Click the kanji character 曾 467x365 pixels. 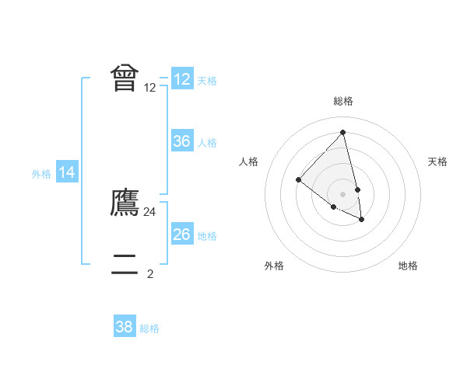(x=125, y=78)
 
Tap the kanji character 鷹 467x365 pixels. (x=125, y=203)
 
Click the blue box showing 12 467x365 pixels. (x=182, y=79)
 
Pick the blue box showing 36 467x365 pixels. (x=182, y=141)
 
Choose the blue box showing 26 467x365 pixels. (x=182, y=235)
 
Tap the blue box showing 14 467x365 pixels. (x=67, y=173)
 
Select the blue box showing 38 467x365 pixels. (x=125, y=328)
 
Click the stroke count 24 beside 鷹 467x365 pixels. (x=150, y=212)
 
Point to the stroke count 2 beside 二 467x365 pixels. (x=150, y=273)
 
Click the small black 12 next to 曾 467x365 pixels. (x=150, y=88)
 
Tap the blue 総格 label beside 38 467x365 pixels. (x=149, y=328)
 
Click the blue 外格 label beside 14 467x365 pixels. (x=41, y=174)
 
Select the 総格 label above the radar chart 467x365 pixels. (x=343, y=101)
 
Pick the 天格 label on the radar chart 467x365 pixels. (x=438, y=162)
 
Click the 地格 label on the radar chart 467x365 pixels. (x=408, y=266)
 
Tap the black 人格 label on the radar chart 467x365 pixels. (x=248, y=162)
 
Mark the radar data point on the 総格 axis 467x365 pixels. (x=343, y=133)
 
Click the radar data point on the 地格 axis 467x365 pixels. (x=362, y=220)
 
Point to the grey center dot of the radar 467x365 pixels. (x=343, y=194)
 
